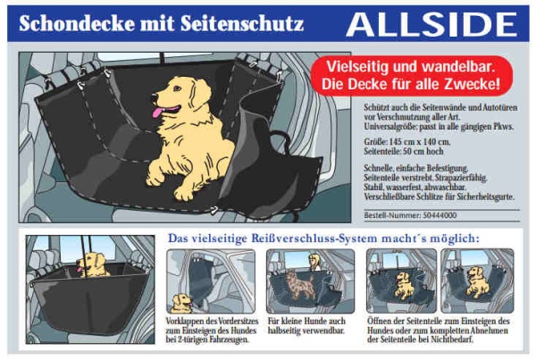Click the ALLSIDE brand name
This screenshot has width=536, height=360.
pos(435,23)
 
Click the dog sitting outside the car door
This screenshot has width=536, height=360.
pos(182,302)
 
